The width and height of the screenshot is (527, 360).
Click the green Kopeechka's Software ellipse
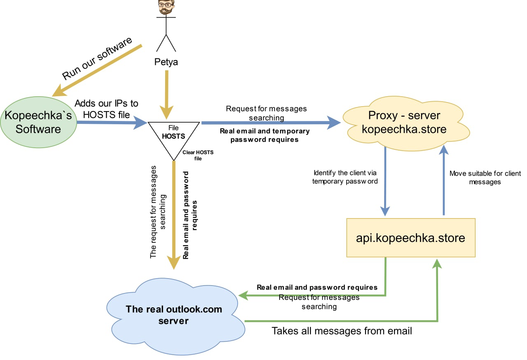[x=38, y=122]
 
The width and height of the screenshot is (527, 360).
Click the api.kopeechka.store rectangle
[x=411, y=238]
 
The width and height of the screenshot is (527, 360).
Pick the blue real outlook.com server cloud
[x=173, y=315]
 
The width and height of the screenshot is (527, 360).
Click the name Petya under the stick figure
[x=166, y=62]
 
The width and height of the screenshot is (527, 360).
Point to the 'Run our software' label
[x=98, y=58]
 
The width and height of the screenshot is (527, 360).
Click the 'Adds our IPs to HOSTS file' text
[x=107, y=109]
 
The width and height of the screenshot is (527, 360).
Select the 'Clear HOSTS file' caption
[x=198, y=155]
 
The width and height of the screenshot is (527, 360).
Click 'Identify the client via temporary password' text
[x=345, y=177]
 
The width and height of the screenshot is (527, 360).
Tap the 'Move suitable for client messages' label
[x=485, y=177]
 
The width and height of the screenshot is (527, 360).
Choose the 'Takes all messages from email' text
[x=342, y=331]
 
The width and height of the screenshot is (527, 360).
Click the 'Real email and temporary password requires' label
[x=264, y=135]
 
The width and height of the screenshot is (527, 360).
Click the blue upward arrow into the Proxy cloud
[x=443, y=181]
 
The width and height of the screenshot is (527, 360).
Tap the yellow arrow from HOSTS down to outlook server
[x=175, y=214]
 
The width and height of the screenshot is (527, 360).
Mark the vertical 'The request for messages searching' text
[x=158, y=212]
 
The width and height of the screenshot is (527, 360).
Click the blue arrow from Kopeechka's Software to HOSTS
[x=111, y=122]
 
